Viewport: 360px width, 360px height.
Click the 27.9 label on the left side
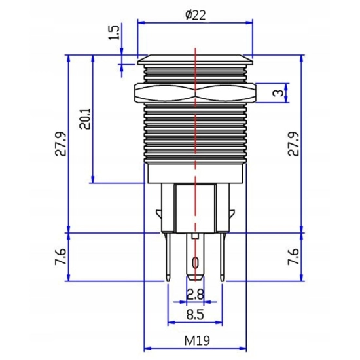60,144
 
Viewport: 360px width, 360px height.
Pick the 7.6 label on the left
60,257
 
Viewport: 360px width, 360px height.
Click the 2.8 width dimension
194,293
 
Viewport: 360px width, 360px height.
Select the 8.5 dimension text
194,314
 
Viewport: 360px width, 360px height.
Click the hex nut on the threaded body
195,93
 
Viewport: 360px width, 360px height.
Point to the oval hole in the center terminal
195,264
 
